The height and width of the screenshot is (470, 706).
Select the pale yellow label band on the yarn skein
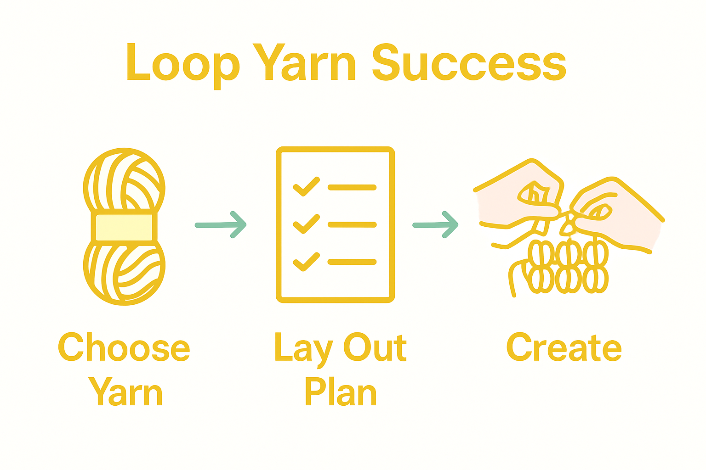(x=124, y=227)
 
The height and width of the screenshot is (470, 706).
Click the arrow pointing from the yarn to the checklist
(x=221, y=224)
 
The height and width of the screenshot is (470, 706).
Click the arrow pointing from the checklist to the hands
(x=436, y=224)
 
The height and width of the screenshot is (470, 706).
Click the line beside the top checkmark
(x=352, y=187)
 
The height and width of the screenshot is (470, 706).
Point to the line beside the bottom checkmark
(x=352, y=262)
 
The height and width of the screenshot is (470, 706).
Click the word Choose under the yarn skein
(x=124, y=348)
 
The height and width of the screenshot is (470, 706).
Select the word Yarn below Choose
(x=125, y=393)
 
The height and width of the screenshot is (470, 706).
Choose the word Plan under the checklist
(x=340, y=392)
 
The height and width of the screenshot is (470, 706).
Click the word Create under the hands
(x=564, y=348)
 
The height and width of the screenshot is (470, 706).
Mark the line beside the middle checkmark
(x=352, y=224)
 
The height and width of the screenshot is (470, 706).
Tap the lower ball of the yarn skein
(x=124, y=274)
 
